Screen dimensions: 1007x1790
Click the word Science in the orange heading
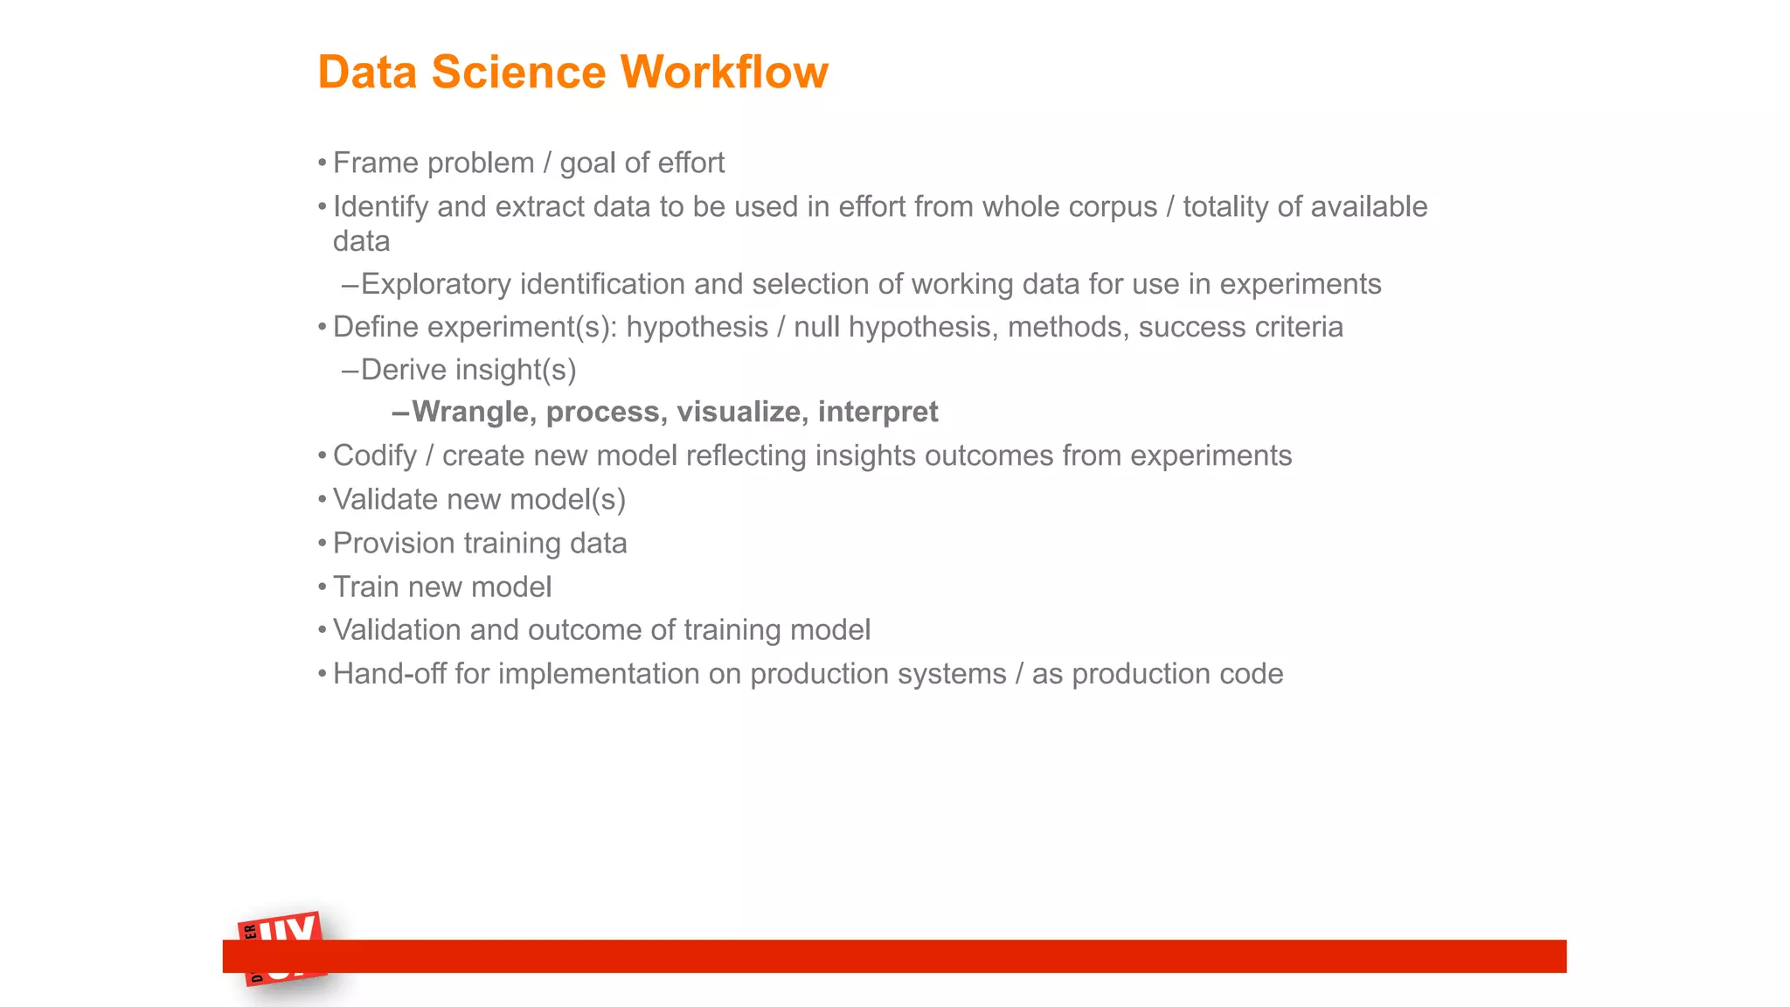[x=518, y=72]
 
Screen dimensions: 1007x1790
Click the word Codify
[x=375, y=456]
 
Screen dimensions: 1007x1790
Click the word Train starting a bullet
[x=366, y=587]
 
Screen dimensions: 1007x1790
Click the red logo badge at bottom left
[x=281, y=949]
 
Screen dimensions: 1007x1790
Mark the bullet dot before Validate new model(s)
[x=323, y=500]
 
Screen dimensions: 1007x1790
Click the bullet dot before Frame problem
[x=323, y=163]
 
